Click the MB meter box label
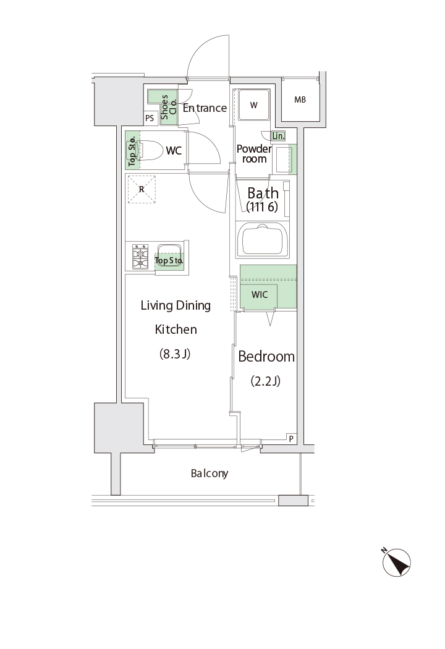pyautogui.click(x=300, y=100)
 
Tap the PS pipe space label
pyautogui.click(x=150, y=119)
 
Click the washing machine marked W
pyautogui.click(x=253, y=105)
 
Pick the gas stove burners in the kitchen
pyautogui.click(x=140, y=257)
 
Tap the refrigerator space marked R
pyautogui.click(x=142, y=190)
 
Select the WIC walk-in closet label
pyautogui.click(x=260, y=295)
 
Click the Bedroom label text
pyautogui.click(x=266, y=357)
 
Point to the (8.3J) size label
pyautogui.click(x=175, y=354)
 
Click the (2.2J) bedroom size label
pyautogui.click(x=265, y=381)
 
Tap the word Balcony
pyautogui.click(x=210, y=473)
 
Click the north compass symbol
pyautogui.click(x=396, y=562)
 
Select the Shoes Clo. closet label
pyautogui.click(x=169, y=107)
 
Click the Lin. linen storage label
pyautogui.click(x=278, y=136)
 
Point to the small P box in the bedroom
pyautogui.click(x=292, y=439)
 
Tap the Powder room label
pyautogui.click(x=254, y=153)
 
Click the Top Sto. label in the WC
pyautogui.click(x=132, y=151)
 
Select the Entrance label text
pyautogui.click(x=205, y=108)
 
